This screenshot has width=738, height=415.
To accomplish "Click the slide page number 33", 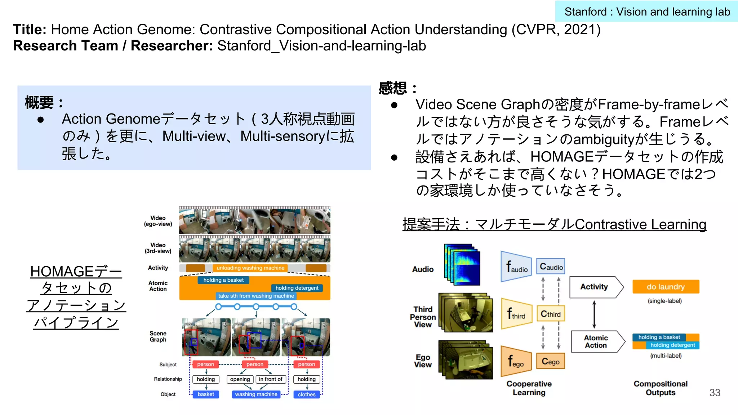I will (x=715, y=393).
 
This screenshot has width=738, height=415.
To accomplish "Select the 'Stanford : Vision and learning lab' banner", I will (x=647, y=12).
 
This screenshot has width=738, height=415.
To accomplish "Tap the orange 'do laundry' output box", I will (x=666, y=287).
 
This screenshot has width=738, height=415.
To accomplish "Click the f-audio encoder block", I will (x=516, y=267).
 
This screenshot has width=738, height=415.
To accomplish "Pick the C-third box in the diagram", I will (x=551, y=314).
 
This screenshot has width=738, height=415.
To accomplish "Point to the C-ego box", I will (x=551, y=361).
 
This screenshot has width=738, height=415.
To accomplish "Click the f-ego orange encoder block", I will (x=516, y=361).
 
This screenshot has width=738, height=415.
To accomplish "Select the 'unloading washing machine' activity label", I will (x=250, y=268).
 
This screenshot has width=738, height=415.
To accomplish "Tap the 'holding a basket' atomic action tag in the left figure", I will (x=223, y=280).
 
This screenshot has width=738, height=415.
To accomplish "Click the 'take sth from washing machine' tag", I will (x=256, y=296).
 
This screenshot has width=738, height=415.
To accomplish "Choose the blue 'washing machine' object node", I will (x=256, y=394).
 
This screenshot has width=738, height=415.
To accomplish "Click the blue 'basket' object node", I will (x=206, y=394).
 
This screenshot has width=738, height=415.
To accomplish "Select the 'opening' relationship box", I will (x=240, y=379).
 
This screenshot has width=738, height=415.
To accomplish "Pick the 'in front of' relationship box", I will (x=271, y=379).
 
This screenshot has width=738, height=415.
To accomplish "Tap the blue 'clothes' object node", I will (x=307, y=394).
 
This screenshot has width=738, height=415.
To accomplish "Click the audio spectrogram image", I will (x=462, y=265).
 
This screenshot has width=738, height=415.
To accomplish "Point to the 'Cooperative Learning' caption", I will (x=529, y=388).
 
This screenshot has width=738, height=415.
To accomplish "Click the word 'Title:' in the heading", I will (x=30, y=30).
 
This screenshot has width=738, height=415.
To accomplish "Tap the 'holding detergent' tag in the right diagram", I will (x=672, y=345).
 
